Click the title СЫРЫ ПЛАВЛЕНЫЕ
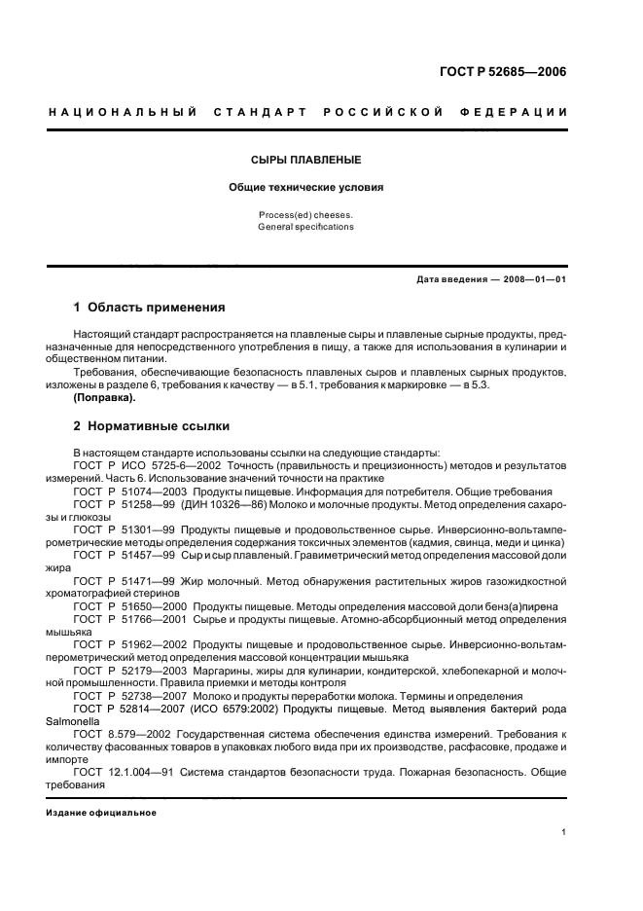(x=305, y=159)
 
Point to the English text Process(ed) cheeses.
(x=305, y=214)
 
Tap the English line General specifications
(x=305, y=227)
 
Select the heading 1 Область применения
(x=150, y=308)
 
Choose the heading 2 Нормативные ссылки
(x=153, y=426)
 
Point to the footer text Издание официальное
(x=101, y=812)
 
